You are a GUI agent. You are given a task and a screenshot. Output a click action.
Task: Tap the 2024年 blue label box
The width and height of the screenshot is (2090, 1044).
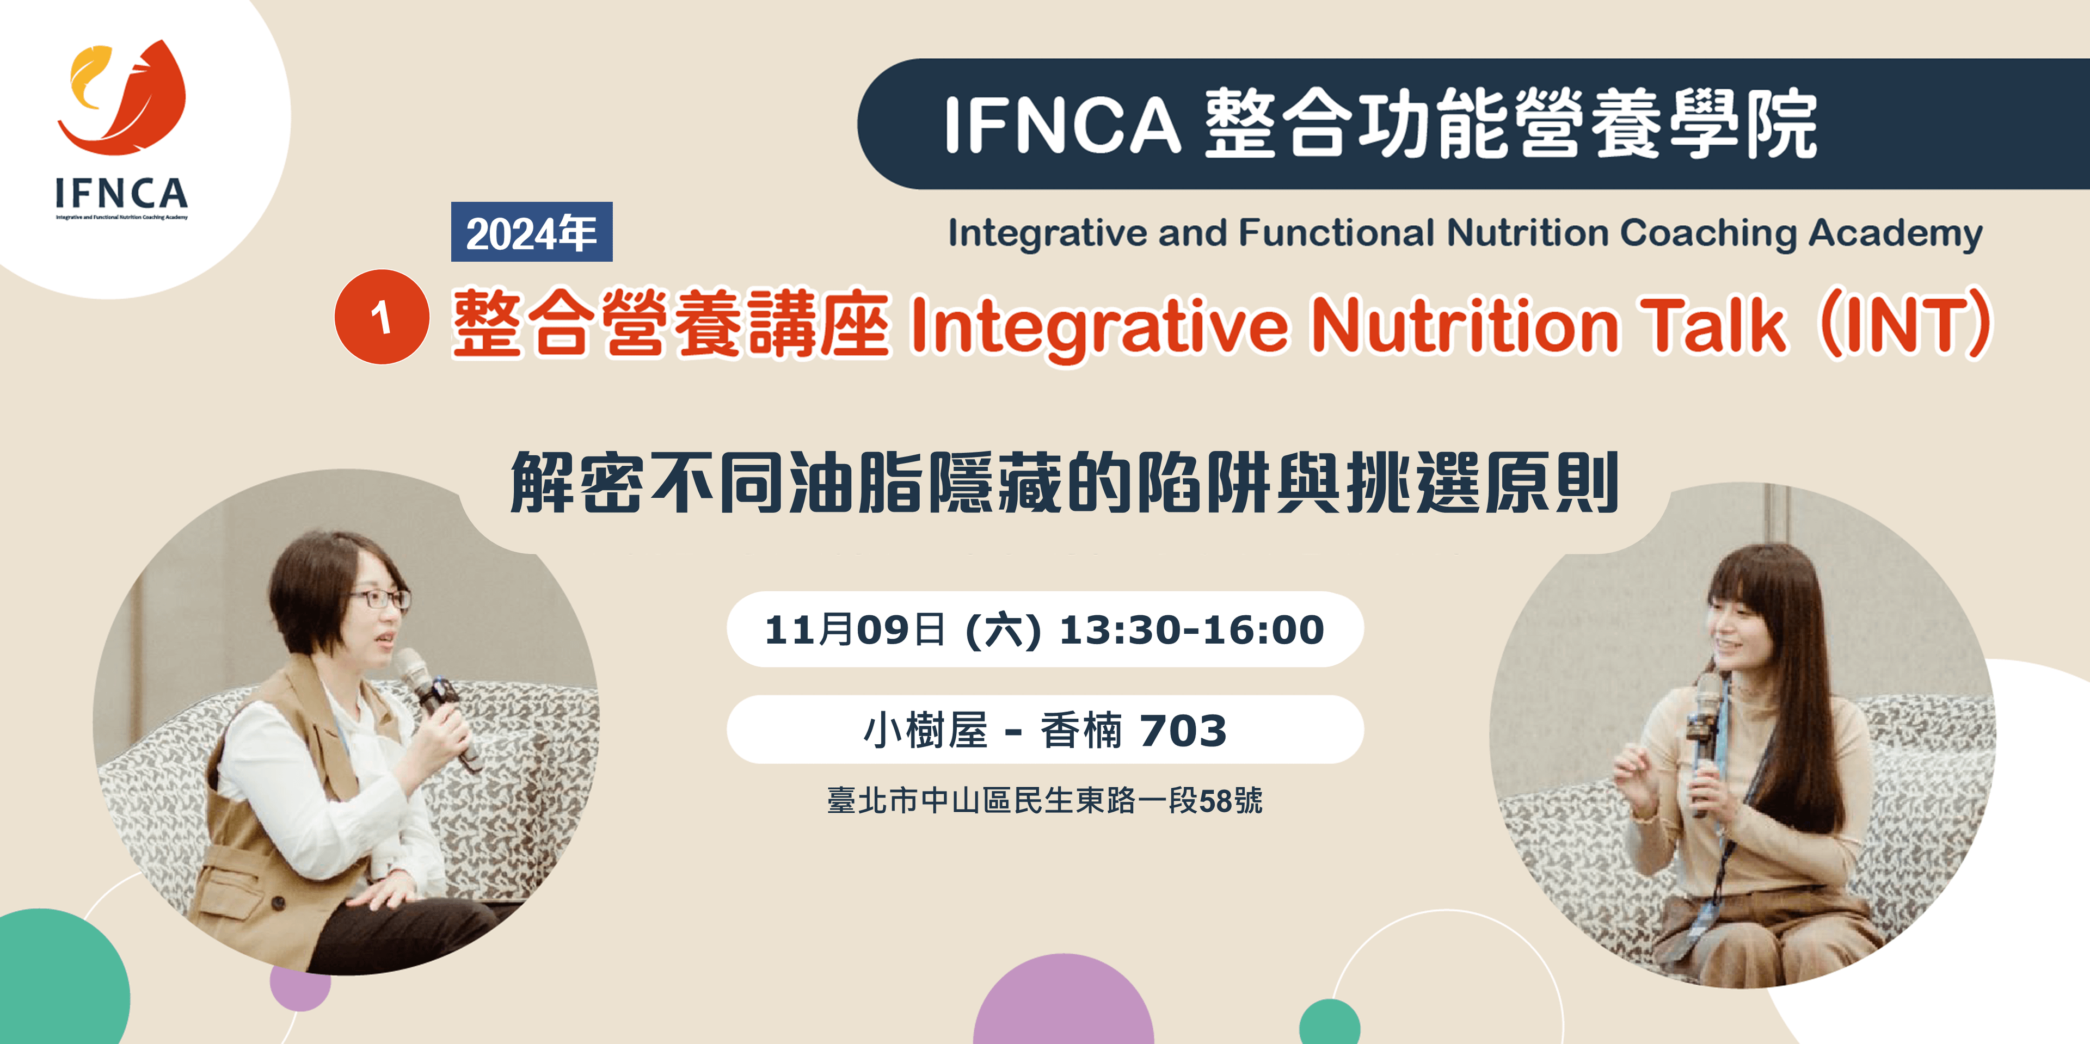point(531,232)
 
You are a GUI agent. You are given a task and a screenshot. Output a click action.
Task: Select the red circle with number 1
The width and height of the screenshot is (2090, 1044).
point(382,317)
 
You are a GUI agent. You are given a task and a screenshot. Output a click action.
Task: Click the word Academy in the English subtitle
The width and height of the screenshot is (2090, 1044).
point(1896,233)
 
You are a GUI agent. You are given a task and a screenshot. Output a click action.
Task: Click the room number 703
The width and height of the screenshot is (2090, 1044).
point(1183,731)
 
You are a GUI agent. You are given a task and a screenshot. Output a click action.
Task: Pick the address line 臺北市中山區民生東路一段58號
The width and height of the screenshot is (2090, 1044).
point(1045,801)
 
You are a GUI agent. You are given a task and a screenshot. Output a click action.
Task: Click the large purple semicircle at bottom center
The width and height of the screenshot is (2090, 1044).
point(1063,999)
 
